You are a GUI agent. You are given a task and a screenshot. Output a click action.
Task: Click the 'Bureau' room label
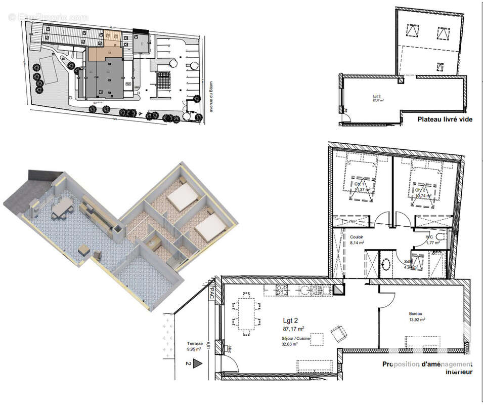(x=416, y=313)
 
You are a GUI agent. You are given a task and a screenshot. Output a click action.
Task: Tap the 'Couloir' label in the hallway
(x=357, y=236)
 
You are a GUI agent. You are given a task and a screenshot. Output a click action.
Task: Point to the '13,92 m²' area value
(x=417, y=319)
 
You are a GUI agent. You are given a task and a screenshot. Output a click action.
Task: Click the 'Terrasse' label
(x=195, y=343)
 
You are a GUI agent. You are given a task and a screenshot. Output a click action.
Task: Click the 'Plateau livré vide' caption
(x=445, y=120)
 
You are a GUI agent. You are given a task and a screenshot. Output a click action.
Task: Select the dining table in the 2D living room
(x=247, y=313)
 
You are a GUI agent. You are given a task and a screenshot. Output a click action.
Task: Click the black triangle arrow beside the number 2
(x=197, y=363)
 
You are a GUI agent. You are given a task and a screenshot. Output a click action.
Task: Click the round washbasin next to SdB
(x=386, y=263)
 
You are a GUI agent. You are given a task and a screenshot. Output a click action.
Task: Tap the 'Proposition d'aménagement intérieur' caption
(x=427, y=368)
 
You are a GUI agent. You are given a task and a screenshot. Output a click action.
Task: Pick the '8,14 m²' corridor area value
(x=358, y=242)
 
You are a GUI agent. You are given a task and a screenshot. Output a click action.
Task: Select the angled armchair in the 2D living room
(x=338, y=333)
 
